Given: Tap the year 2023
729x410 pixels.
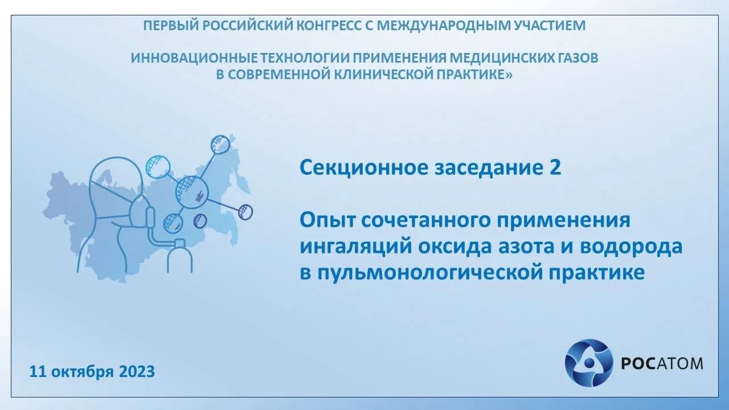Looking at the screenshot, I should [x=137, y=372].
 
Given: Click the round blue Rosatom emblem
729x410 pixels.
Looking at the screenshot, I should [x=588, y=363].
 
